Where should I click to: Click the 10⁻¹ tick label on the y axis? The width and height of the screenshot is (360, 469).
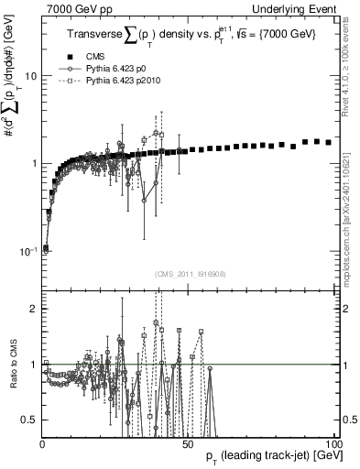tap(27, 250)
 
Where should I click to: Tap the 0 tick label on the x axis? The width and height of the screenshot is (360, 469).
tap(43, 442)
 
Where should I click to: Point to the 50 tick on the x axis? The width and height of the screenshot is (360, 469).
tap(187, 442)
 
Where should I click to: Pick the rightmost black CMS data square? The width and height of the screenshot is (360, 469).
tap(328, 143)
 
